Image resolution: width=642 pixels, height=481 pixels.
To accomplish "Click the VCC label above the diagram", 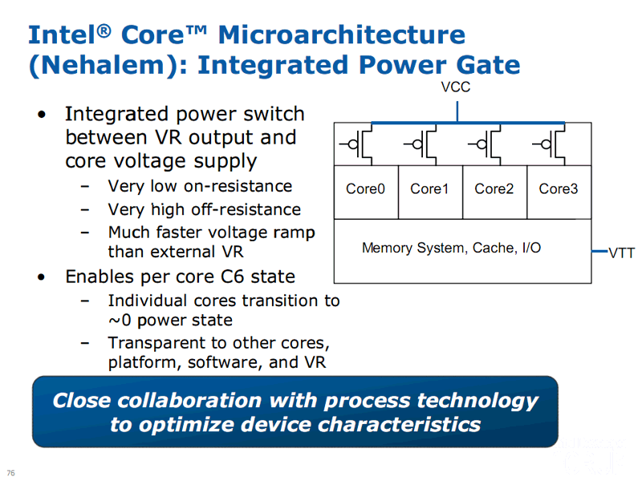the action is tap(455, 87).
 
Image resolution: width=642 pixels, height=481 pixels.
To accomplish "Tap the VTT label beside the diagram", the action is tap(621, 253).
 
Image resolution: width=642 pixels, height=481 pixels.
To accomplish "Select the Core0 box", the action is tap(366, 192).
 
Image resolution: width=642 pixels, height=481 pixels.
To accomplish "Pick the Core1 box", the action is tap(430, 192).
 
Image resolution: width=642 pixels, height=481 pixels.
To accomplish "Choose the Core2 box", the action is tap(494, 192).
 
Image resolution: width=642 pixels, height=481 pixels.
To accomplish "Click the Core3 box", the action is tap(559, 192).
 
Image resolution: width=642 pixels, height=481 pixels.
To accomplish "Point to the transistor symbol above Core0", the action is tap(356, 144).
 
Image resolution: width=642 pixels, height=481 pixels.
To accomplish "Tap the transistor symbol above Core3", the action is tap(549, 144).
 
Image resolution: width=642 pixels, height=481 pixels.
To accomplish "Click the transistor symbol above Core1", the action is tap(421, 144).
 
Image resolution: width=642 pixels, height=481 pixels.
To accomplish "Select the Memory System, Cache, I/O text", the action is tap(451, 248).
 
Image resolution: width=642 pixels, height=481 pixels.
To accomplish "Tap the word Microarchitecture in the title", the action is tap(342, 34).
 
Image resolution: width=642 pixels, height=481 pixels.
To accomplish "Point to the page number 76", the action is tap(10, 472).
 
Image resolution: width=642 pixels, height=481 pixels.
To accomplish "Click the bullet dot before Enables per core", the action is tap(42, 277).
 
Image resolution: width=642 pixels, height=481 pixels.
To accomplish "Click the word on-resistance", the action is tap(238, 186).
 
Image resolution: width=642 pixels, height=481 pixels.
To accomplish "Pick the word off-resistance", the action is tap(246, 209).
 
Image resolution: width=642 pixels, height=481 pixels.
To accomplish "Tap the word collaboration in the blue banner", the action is tap(189, 400).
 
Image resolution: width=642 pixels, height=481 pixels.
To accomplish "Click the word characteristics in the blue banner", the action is tap(399, 425).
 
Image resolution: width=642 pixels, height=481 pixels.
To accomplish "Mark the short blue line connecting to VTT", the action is tap(599, 251).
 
